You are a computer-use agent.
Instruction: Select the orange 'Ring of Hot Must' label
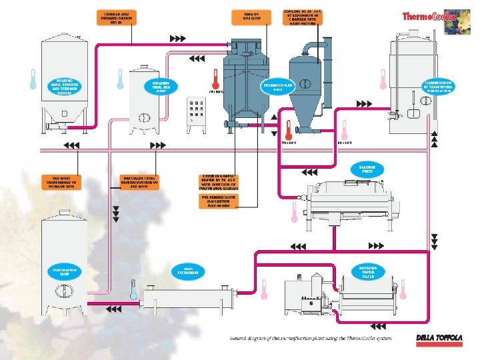(244, 16)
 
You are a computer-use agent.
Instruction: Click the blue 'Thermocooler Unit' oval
(279, 88)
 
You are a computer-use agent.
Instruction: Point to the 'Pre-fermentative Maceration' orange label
(219, 201)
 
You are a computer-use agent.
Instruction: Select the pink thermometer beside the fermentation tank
(383, 79)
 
